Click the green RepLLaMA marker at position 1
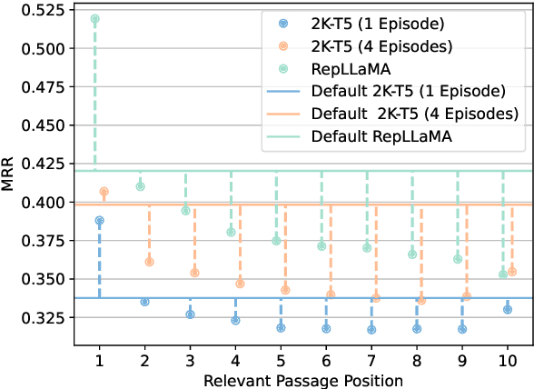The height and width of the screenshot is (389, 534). [95, 18]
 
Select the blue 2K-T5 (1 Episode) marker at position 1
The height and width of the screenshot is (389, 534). [99, 220]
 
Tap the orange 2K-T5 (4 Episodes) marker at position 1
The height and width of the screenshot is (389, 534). [104, 192]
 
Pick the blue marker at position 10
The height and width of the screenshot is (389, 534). [508, 309]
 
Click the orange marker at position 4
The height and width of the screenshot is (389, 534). [240, 284]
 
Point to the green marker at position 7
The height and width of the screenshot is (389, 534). [367, 248]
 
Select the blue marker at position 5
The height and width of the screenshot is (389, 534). [281, 327]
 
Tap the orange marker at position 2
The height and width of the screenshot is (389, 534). [149, 262]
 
